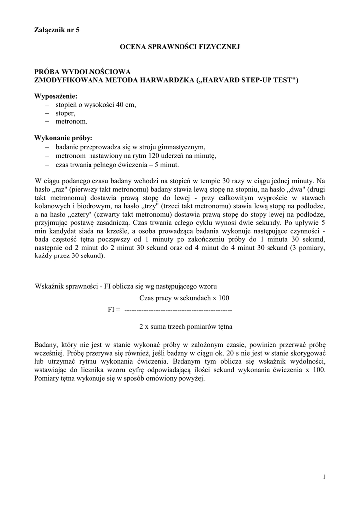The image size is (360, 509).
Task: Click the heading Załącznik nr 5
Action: pyautogui.click(x=57, y=30)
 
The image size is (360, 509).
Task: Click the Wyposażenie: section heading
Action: pyautogui.click(x=56, y=96)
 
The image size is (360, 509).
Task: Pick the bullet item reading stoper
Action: pyautogui.click(x=65, y=113)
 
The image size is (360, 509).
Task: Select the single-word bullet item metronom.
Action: pyautogui.click(x=71, y=121)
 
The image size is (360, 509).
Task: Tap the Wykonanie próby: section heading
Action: pyautogui.click(x=63, y=138)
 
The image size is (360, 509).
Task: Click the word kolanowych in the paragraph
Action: pyautogui.click(x=51, y=206)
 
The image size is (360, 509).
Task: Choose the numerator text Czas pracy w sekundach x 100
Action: pyautogui.click(x=183, y=298)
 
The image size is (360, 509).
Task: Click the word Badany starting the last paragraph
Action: pyautogui.click(x=46, y=344)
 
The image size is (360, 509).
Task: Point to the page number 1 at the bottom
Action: pyautogui.click(x=324, y=477)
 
